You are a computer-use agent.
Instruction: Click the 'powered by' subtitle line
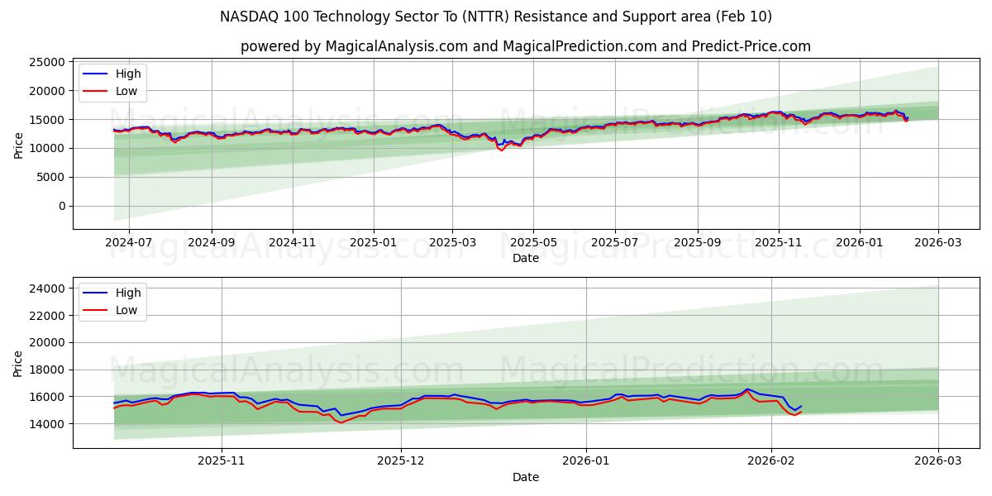pyautogui.click(x=525, y=46)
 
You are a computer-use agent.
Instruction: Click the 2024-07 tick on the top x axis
pyautogui.click(x=130, y=243)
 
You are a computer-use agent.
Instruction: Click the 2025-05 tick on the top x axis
pyautogui.click(x=533, y=243)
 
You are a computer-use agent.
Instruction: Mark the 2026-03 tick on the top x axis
pyautogui.click(x=938, y=243)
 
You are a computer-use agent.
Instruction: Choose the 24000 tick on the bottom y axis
pyautogui.click(x=42, y=289)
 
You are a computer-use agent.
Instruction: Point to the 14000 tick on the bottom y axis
pyautogui.click(x=42, y=424)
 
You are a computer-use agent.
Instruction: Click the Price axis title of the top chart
pyautogui.click(x=18, y=144)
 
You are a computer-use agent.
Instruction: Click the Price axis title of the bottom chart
pyautogui.click(x=18, y=363)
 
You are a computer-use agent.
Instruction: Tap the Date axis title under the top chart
pyautogui.click(x=525, y=258)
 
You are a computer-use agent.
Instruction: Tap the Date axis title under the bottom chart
pyautogui.click(x=525, y=477)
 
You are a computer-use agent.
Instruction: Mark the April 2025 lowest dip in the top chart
pyautogui.click(x=501, y=150)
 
